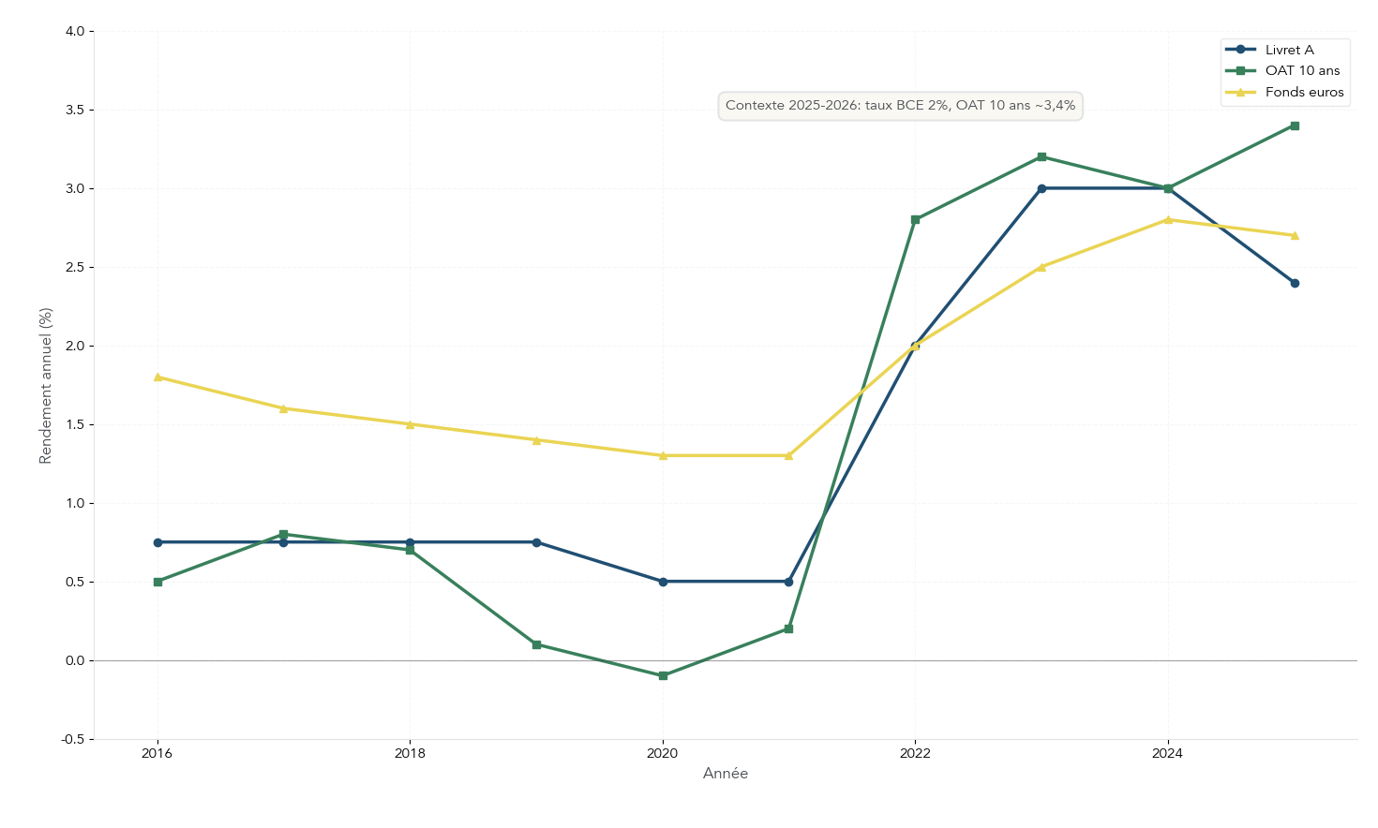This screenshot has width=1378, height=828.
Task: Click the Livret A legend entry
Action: pyautogui.click(x=1289, y=50)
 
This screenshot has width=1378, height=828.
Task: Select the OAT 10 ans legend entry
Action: pyautogui.click(x=1302, y=70)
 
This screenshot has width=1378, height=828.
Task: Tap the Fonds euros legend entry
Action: pyautogui.click(x=1304, y=92)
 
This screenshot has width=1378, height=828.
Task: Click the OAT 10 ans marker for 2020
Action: pyautogui.click(x=663, y=675)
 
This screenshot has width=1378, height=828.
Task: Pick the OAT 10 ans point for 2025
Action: pyautogui.click(x=1295, y=126)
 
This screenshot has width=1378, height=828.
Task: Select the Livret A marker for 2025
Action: pyautogui.click(x=1295, y=283)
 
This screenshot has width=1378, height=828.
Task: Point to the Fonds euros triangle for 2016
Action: pyautogui.click(x=157, y=377)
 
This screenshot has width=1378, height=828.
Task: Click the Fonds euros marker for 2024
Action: pyautogui.click(x=1168, y=220)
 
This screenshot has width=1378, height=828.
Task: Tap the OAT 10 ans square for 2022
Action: pyautogui.click(x=915, y=220)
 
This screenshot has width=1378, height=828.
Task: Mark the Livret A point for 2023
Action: pyautogui.click(x=1041, y=188)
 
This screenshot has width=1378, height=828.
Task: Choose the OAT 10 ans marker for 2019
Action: pyautogui.click(x=536, y=644)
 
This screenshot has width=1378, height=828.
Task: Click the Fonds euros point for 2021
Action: pyautogui.click(x=788, y=455)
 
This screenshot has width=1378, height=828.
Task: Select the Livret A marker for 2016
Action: pyautogui.click(x=157, y=542)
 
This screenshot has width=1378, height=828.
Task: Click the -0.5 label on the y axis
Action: pyautogui.click(x=72, y=739)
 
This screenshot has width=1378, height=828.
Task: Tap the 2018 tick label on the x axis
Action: pyautogui.click(x=410, y=753)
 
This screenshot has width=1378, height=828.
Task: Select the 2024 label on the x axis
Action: pyautogui.click(x=1167, y=753)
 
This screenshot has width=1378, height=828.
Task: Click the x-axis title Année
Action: pyautogui.click(x=726, y=774)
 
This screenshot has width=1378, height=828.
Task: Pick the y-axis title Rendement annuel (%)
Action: pyautogui.click(x=45, y=385)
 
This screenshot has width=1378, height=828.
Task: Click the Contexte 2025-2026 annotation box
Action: pyautogui.click(x=900, y=106)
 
